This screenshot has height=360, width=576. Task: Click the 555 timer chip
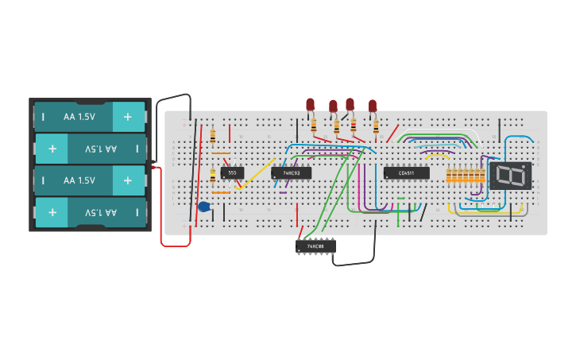[232, 172]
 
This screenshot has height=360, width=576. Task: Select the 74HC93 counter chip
[291, 172]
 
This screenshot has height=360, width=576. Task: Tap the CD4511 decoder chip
[406, 172]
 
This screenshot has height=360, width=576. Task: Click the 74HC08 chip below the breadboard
[315, 246]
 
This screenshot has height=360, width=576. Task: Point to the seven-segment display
[510, 176]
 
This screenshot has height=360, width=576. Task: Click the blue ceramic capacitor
[204, 207]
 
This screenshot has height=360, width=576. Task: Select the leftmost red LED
[310, 104]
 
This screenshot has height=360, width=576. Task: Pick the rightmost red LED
[372, 106]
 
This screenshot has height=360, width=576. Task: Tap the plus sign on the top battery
[127, 117]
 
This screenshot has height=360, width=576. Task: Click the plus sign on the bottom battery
[52, 212]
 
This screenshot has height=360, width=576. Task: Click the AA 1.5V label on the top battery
[79, 117]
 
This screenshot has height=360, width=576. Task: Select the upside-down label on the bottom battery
[100, 212]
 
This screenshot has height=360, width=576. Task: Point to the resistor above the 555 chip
[213, 135]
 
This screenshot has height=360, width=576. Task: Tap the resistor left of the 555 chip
[213, 176]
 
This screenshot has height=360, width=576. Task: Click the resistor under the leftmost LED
[314, 125]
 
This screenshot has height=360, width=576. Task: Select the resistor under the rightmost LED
[376, 126]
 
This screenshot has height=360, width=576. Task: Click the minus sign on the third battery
[43, 180]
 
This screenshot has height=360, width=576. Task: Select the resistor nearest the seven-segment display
[481, 176]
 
